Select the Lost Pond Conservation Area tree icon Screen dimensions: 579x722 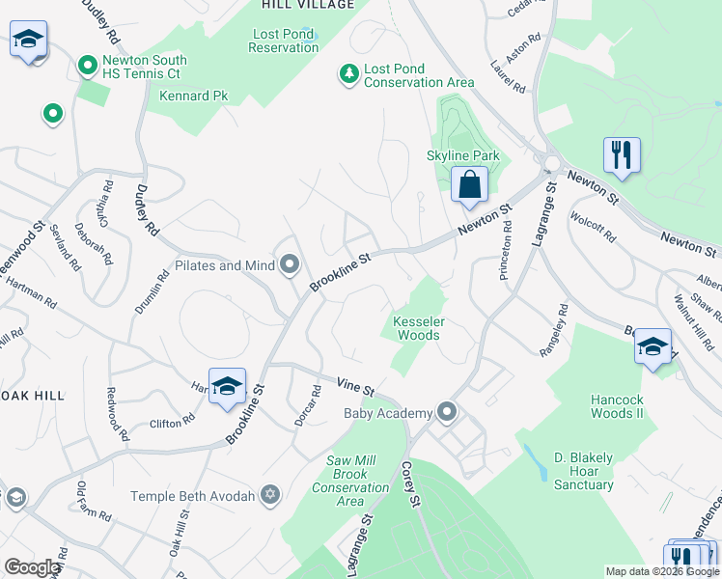click(347, 72)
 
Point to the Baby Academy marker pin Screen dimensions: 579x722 click(446, 413)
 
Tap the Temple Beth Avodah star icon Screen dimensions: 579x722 click(270, 496)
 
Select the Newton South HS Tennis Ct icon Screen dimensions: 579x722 click(88, 67)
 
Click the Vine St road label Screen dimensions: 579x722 click(355, 387)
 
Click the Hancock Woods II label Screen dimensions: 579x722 click(617, 406)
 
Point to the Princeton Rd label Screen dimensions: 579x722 click(505, 252)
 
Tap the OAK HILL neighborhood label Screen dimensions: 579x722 click(32, 396)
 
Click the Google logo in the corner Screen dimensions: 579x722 click(31, 567)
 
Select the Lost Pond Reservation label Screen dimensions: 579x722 click(284, 41)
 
